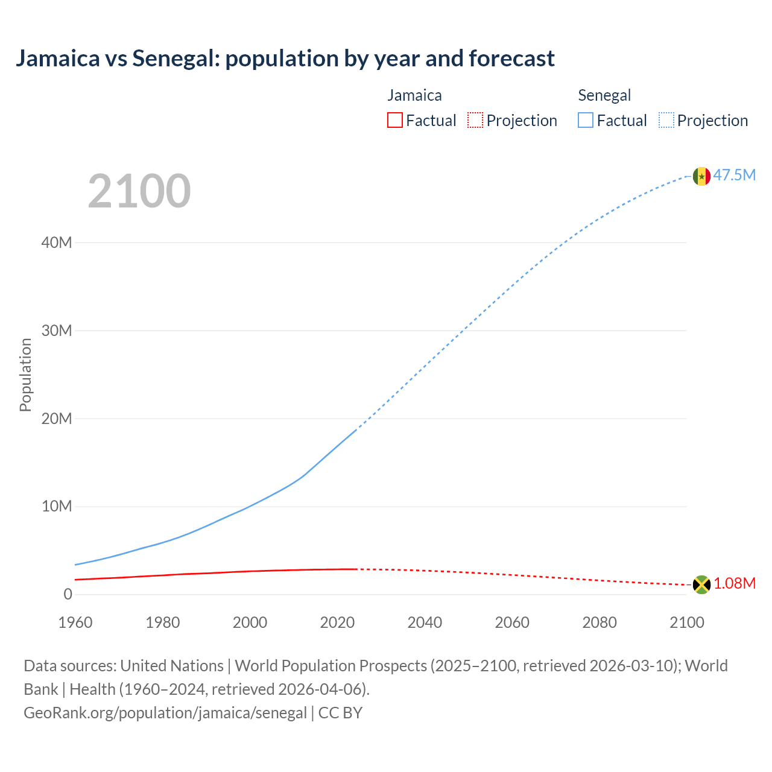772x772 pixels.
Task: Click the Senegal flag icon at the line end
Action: click(701, 176)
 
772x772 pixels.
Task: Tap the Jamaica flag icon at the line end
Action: click(701, 584)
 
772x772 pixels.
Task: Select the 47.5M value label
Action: click(734, 176)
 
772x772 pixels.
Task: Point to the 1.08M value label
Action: click(735, 584)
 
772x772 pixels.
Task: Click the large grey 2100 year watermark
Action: click(139, 191)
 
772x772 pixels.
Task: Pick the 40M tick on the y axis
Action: click(57, 243)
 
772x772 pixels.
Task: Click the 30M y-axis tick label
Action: click(57, 331)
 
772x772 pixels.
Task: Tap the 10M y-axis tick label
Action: click(57, 507)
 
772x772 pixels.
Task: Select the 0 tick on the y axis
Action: click(68, 595)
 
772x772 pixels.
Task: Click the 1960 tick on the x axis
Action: click(75, 622)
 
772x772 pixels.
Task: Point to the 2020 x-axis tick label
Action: click(337, 622)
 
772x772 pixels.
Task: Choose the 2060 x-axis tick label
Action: click(512, 622)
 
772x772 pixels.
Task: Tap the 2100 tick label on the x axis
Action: click(687, 622)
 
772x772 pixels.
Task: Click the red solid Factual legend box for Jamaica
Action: click(395, 121)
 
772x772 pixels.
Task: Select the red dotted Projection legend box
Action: click(475, 121)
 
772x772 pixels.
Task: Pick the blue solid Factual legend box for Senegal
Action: click(586, 121)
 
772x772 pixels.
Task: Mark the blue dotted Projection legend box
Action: click(666, 121)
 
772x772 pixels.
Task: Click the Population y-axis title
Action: click(25, 375)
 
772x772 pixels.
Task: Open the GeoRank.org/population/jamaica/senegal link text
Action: click(165, 713)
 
